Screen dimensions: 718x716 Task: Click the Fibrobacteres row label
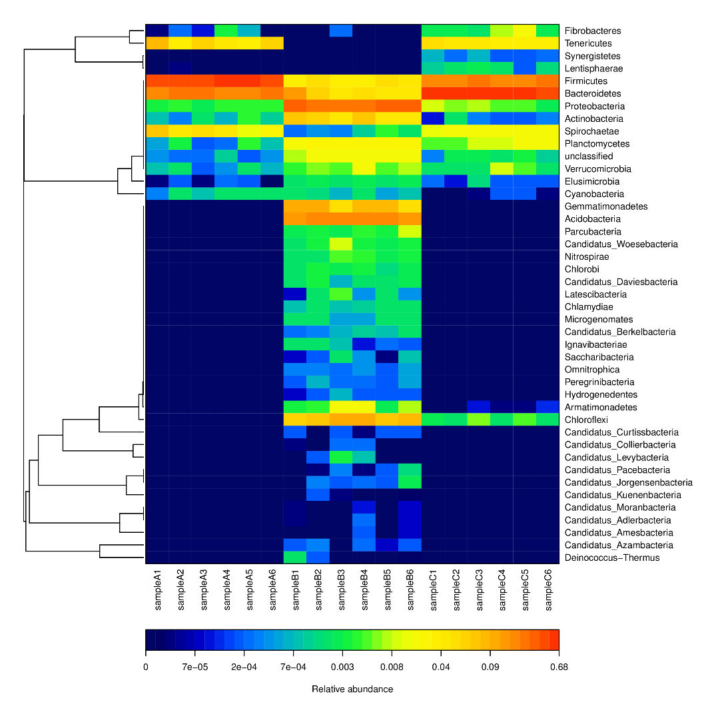tap(592, 31)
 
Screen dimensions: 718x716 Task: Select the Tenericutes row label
tap(587, 43)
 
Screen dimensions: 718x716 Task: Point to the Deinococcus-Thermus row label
tap(612, 557)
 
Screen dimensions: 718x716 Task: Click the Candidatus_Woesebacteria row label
tap(621, 244)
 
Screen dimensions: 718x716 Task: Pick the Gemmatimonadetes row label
tap(605, 206)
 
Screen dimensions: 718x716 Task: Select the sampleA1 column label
tap(158, 590)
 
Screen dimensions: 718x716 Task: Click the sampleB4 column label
tap(364, 590)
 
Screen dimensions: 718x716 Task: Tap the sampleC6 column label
tap(548, 590)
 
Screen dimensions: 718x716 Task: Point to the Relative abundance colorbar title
tap(352, 689)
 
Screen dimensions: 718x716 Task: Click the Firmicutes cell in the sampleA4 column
tap(226, 81)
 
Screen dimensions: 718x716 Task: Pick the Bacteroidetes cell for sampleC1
tap(433, 93)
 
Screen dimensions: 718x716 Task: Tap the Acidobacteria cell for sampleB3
tap(341, 219)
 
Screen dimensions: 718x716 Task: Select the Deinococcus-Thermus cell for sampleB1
tap(295, 557)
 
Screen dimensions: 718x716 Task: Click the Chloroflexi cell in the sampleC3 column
tap(479, 420)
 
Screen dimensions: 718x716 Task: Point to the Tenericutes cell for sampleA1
tap(157, 43)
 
